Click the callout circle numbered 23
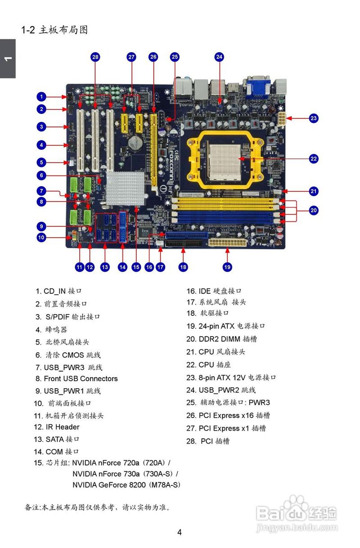314,118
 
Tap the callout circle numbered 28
95,57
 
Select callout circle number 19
227,267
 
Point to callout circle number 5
41,162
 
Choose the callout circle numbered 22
314,158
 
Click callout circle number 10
41,238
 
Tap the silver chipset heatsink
125,186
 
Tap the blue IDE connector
187,235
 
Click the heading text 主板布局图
63,30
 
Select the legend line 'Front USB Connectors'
81,378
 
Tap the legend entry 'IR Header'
62,427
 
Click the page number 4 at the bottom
180,532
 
